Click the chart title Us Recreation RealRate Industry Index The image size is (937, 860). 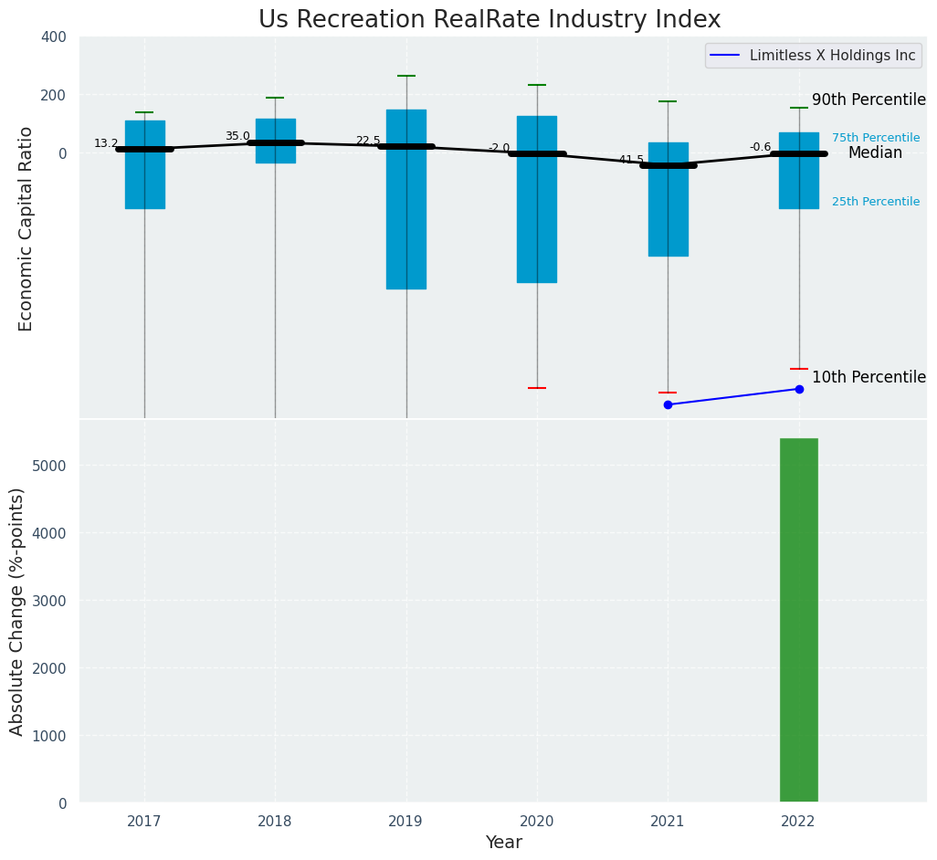(x=490, y=20)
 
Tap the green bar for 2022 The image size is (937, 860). (x=798, y=620)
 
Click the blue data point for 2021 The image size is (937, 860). (x=668, y=404)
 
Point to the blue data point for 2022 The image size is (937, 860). (x=799, y=389)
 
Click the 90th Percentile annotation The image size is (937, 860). (x=869, y=100)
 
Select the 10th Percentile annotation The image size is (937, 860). (x=869, y=378)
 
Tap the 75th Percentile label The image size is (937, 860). (x=875, y=138)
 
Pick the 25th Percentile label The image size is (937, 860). (x=875, y=202)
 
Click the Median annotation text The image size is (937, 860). (x=875, y=153)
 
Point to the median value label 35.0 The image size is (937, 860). (x=237, y=137)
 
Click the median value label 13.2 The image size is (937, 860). (x=106, y=143)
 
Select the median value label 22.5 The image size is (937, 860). (x=368, y=142)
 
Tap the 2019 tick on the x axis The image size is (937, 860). (x=405, y=821)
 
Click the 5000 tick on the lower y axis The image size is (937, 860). (x=53, y=466)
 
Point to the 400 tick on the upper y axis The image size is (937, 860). (x=54, y=37)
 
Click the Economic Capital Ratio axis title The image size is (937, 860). (x=26, y=228)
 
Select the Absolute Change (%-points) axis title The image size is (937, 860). (x=17, y=611)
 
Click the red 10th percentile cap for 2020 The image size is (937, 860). (x=537, y=388)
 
